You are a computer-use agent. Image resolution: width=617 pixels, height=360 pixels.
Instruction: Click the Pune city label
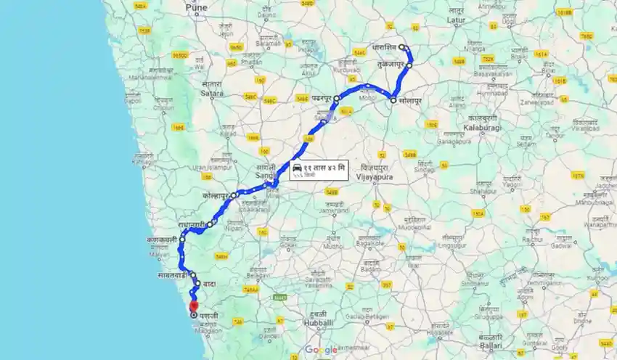coord(196,8)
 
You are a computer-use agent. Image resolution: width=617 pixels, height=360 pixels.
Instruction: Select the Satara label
coord(212,93)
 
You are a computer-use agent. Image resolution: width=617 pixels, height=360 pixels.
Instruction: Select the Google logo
coord(321,350)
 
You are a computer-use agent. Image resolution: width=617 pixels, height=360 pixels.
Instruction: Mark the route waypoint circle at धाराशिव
coord(402,47)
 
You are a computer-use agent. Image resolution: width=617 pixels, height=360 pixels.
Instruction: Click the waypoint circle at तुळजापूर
coord(409,65)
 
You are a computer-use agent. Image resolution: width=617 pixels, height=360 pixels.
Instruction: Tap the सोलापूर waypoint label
coord(409,99)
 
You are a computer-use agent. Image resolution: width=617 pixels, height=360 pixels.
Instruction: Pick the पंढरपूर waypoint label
coord(316,97)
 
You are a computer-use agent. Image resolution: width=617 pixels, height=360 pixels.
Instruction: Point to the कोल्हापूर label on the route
coord(216,196)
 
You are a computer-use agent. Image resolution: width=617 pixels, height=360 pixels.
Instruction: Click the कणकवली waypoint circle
coord(182,239)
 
